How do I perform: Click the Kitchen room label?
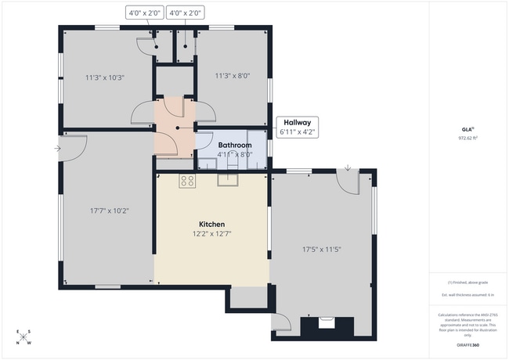tap(211, 224)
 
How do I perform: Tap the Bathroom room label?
tap(234, 146)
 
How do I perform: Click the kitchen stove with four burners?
tap(187, 181)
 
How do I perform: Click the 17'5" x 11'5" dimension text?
tap(322, 250)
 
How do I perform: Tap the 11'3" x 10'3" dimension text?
tap(105, 77)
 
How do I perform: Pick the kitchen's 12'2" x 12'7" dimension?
tap(211, 233)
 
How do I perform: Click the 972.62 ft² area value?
tap(467, 138)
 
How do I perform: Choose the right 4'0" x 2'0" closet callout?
tap(186, 13)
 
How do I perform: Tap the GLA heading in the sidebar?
tap(467, 130)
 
